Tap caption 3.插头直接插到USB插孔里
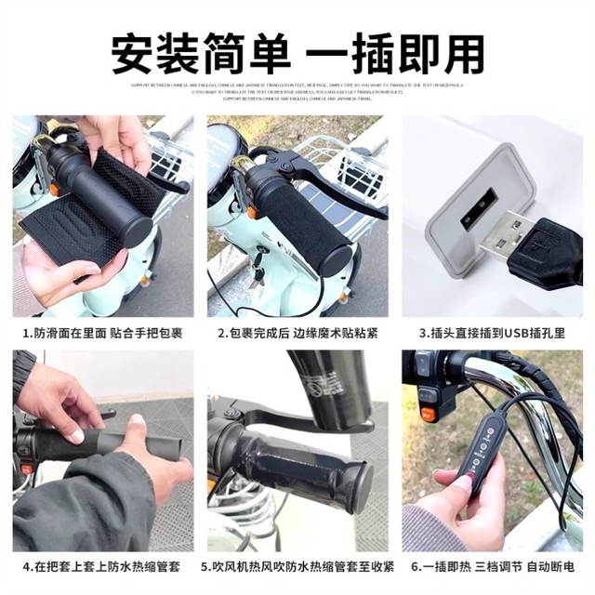(492, 333)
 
